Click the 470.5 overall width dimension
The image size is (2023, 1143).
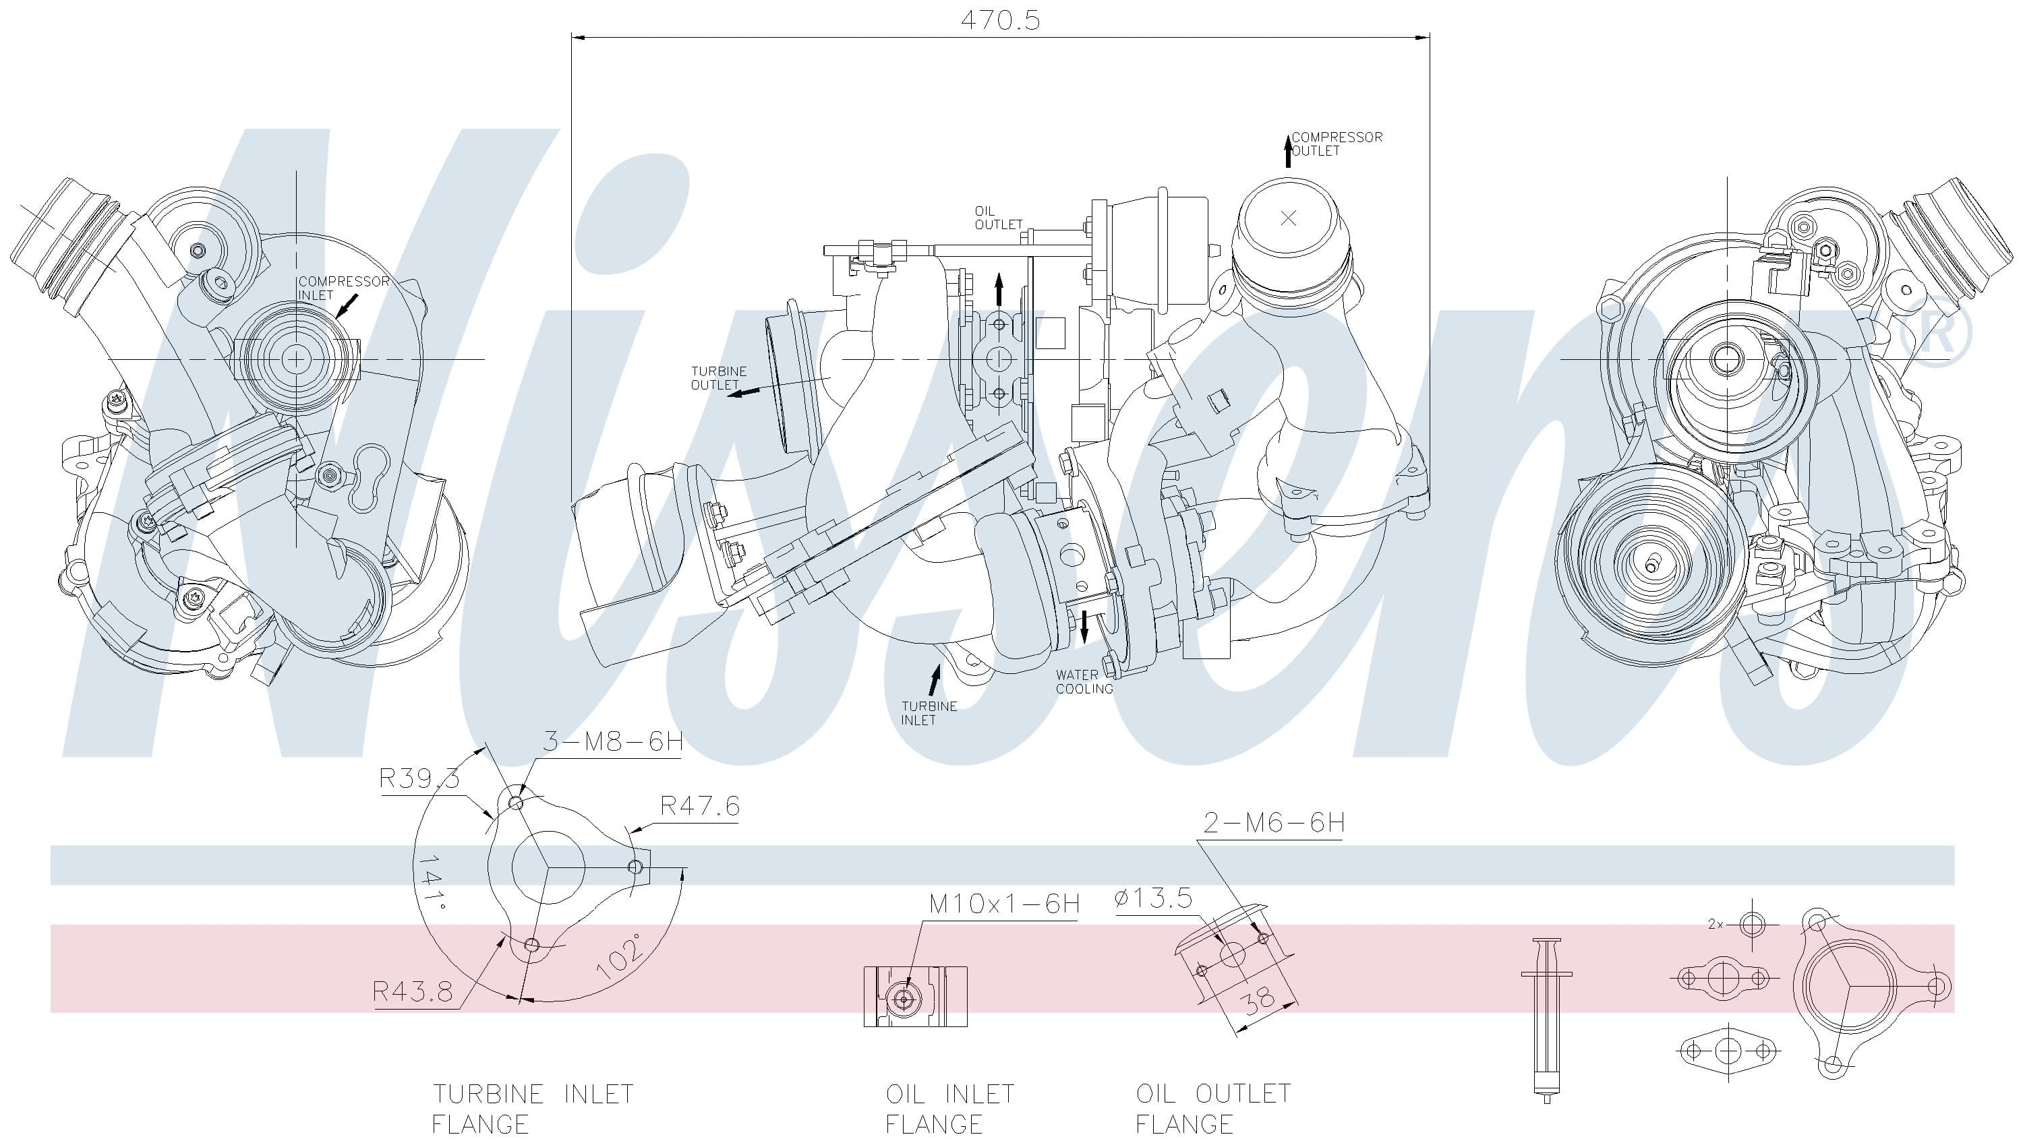tap(1000, 20)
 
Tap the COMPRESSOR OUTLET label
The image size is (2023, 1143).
tap(1337, 144)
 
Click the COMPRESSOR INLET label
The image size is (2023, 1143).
tap(343, 288)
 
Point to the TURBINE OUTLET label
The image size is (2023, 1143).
tap(719, 377)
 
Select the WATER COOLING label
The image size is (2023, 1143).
tap(1084, 681)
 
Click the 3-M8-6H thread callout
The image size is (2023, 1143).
tap(612, 741)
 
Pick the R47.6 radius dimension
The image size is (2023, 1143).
tap(700, 805)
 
